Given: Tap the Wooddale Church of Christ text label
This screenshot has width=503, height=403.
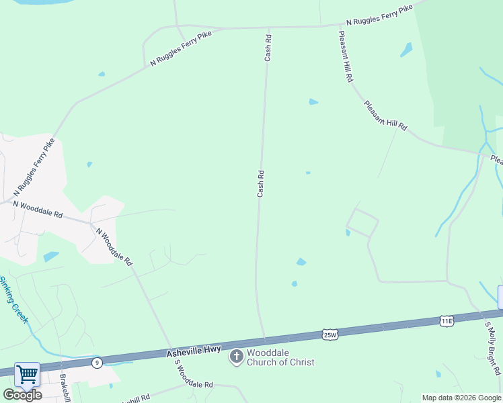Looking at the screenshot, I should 280,357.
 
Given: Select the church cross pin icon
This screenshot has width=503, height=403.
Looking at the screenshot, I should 236,357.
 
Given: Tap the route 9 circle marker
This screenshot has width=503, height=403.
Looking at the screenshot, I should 98,363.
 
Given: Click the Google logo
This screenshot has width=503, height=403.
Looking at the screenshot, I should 22,395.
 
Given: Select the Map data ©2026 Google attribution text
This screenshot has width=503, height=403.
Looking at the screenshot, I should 461,398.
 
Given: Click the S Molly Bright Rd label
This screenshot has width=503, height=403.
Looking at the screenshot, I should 493,347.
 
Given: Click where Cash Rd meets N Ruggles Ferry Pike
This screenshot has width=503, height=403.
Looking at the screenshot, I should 267,28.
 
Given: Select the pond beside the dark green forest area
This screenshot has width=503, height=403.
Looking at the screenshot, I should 406,50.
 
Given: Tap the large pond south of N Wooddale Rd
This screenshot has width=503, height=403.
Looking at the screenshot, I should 51,257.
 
